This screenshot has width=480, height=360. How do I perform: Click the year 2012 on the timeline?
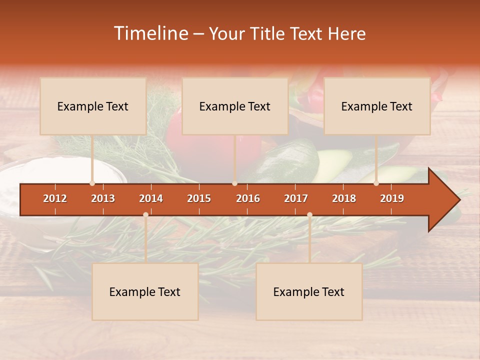[x=55, y=198]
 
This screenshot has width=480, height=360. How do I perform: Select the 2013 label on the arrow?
[x=103, y=198]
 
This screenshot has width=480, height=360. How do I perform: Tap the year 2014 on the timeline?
[x=151, y=198]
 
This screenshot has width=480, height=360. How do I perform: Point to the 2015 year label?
[x=199, y=198]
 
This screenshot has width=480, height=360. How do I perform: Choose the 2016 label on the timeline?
[x=248, y=198]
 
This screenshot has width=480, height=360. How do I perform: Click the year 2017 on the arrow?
[x=296, y=198]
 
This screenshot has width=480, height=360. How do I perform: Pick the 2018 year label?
[x=344, y=198]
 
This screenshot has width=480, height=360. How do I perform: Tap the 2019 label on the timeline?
[x=392, y=198]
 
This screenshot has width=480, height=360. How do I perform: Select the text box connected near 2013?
[x=93, y=106]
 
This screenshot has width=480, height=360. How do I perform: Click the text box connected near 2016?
[x=235, y=106]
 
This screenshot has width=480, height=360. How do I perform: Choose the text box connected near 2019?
[x=377, y=106]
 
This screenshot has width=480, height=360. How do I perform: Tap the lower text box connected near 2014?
[x=145, y=291]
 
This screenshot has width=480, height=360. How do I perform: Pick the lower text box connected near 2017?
[x=309, y=291]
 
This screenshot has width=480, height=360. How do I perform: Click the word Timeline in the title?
[x=150, y=33]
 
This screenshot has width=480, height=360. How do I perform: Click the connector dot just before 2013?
[x=92, y=183]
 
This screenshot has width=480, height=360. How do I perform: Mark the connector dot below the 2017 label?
[x=309, y=214]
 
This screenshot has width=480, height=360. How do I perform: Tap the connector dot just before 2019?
[x=376, y=183]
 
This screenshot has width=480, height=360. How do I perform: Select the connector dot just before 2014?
[x=145, y=214]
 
